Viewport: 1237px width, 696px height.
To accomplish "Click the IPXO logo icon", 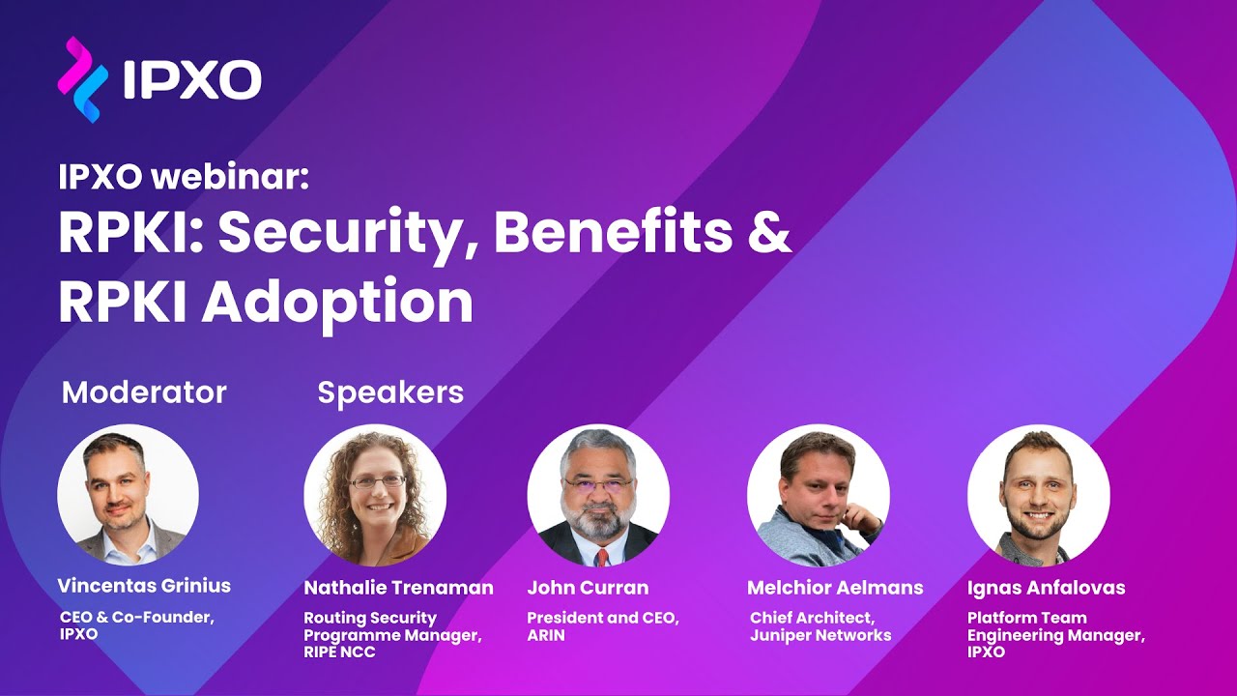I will point(82,79).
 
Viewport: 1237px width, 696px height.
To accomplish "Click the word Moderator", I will point(144,392).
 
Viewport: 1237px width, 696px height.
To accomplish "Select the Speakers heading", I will point(390,392).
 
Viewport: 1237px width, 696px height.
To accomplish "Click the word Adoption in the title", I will point(337,303).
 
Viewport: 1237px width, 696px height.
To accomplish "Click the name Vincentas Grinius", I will point(144,586).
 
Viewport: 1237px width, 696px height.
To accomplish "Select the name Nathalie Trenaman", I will point(398,588).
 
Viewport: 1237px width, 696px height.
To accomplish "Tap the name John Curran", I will point(588,588).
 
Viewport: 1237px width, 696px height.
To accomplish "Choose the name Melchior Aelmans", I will point(835,588).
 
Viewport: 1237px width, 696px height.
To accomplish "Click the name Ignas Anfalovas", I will point(1046,588).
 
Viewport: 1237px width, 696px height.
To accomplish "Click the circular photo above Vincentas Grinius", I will point(129,494).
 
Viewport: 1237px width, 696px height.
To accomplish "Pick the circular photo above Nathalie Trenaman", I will point(375,495).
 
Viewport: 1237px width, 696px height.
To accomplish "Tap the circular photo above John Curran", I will point(598,495).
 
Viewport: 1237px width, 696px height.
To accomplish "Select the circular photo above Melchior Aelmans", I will point(819,495).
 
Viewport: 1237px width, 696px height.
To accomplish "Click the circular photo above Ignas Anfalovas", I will point(1039,495).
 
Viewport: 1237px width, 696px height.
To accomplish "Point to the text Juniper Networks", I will point(820,635).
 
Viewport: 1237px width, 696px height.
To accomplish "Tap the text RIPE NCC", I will point(339,652).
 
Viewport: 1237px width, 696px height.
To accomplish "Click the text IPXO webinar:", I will point(183,177).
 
